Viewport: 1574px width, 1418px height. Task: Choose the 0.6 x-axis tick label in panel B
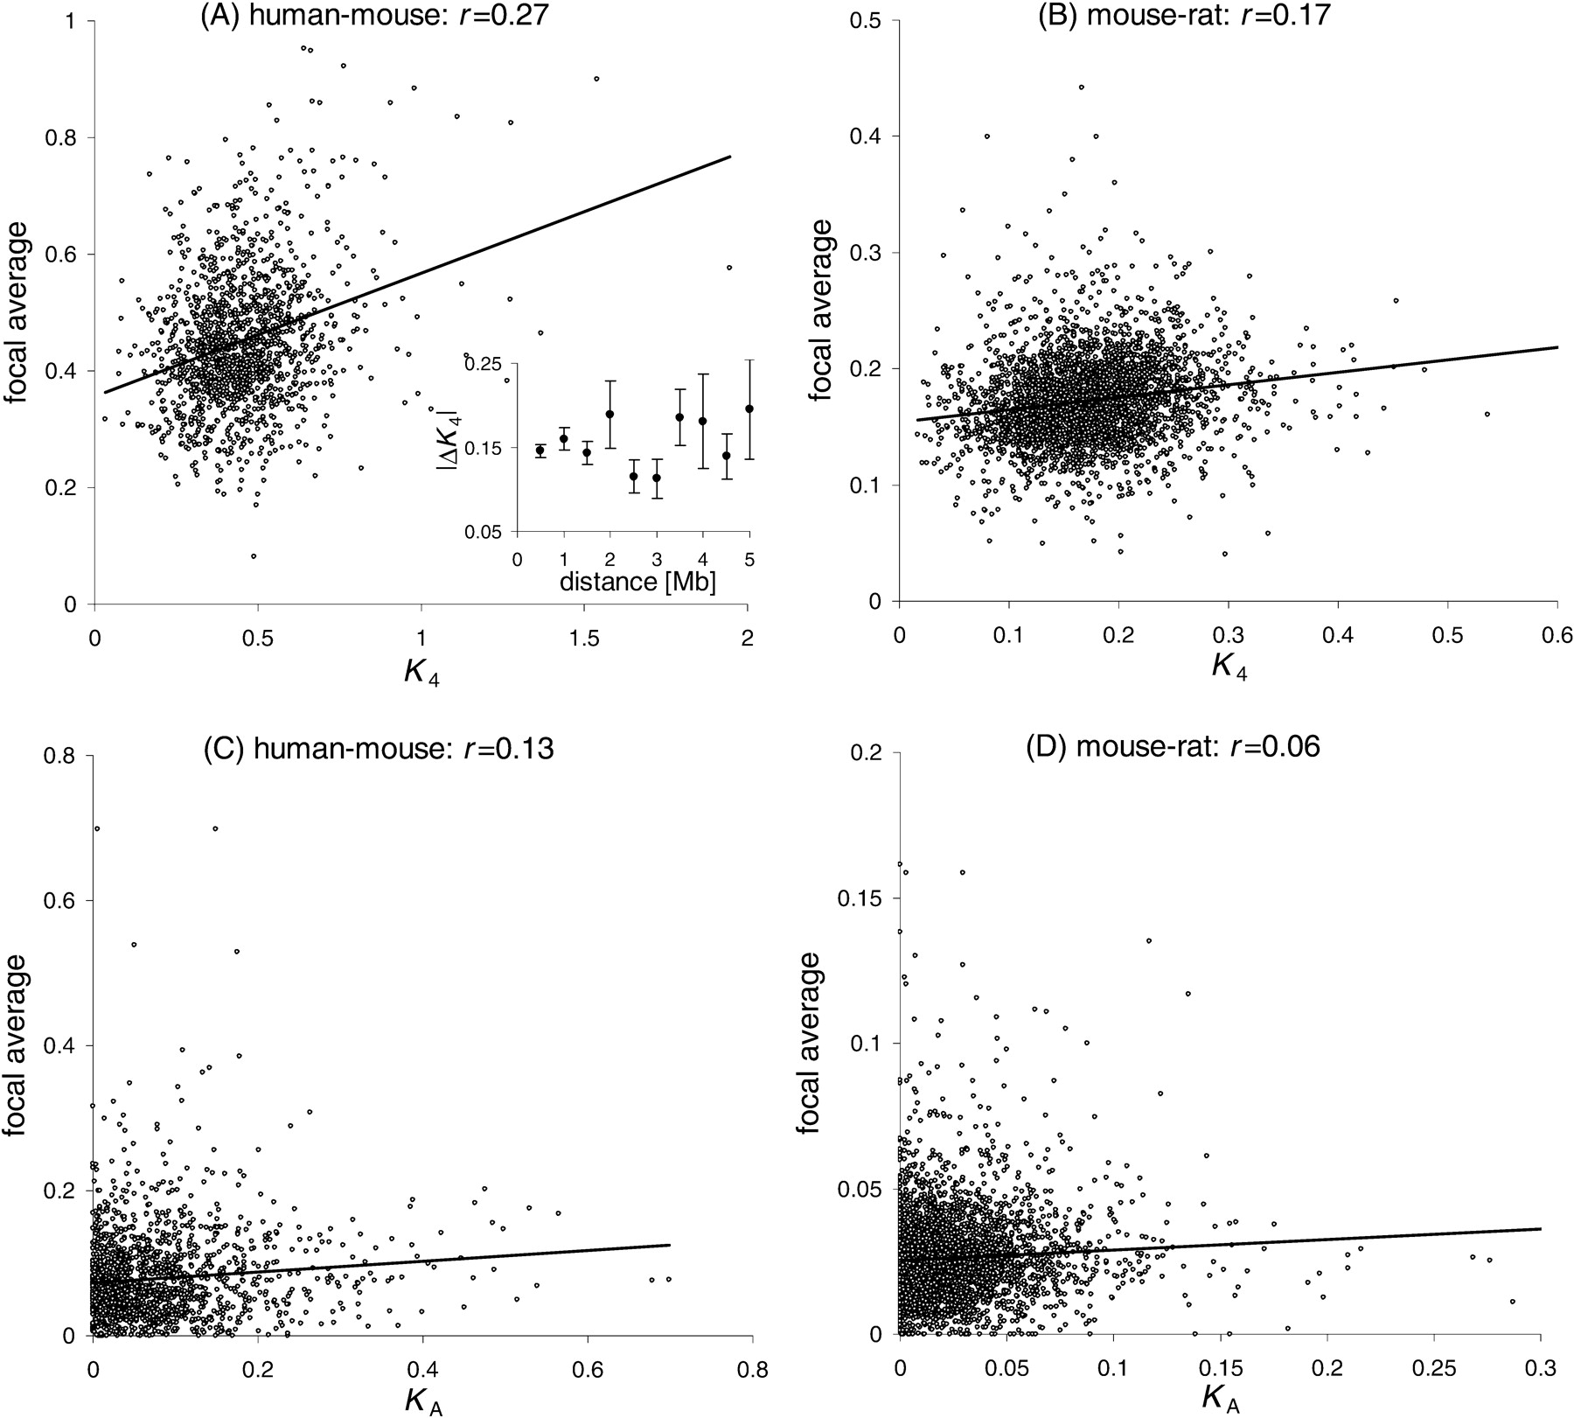(x=1557, y=634)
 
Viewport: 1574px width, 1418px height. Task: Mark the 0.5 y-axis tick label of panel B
(x=866, y=20)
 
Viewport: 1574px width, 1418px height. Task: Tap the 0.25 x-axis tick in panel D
(x=1432, y=1366)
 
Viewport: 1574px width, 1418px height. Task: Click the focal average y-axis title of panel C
(x=19, y=1044)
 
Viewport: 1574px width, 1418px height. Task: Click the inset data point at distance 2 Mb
(x=610, y=414)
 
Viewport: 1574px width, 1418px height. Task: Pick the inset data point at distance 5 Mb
(x=749, y=409)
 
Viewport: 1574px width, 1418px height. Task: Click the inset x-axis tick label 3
(x=656, y=559)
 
